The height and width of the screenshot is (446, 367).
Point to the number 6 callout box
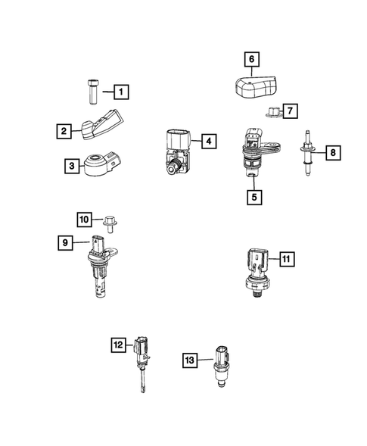(x=251, y=58)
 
